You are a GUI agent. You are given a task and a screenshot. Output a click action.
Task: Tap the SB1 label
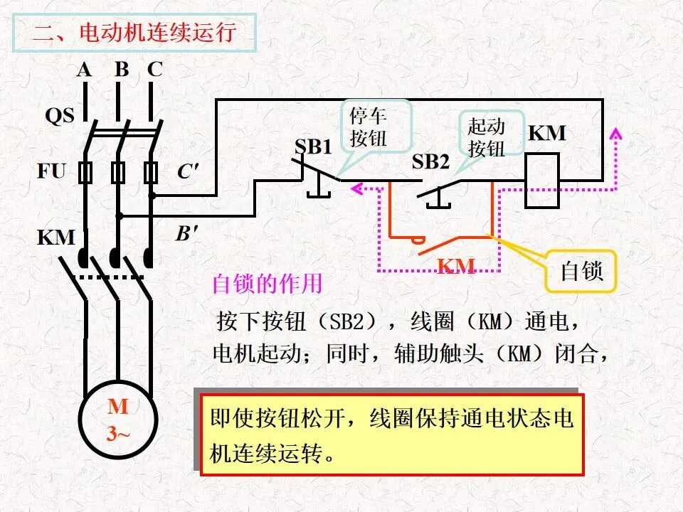pos(313,146)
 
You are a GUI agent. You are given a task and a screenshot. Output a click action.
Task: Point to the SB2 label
pos(430,161)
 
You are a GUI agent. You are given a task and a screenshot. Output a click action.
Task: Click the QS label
pos(60,115)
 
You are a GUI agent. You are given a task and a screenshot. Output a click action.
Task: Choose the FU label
pos(51,171)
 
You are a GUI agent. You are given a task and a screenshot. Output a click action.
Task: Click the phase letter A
pos(84,69)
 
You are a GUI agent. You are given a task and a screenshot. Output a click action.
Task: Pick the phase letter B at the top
pos(122,69)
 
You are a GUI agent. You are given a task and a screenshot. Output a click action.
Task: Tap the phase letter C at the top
pos(154,69)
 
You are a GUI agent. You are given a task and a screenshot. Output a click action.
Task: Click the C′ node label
pos(188,171)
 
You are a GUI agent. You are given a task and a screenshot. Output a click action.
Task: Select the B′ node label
pos(187,233)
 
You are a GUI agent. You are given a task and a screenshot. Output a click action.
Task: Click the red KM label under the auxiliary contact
pos(455,265)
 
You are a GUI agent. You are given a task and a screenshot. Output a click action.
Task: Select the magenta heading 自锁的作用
pos(267,284)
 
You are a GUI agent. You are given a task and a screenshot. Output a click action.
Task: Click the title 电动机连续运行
pos(158,33)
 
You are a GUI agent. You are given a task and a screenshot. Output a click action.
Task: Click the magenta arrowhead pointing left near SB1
pos(356,188)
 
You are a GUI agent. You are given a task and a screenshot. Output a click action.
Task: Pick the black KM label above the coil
pos(547,133)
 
